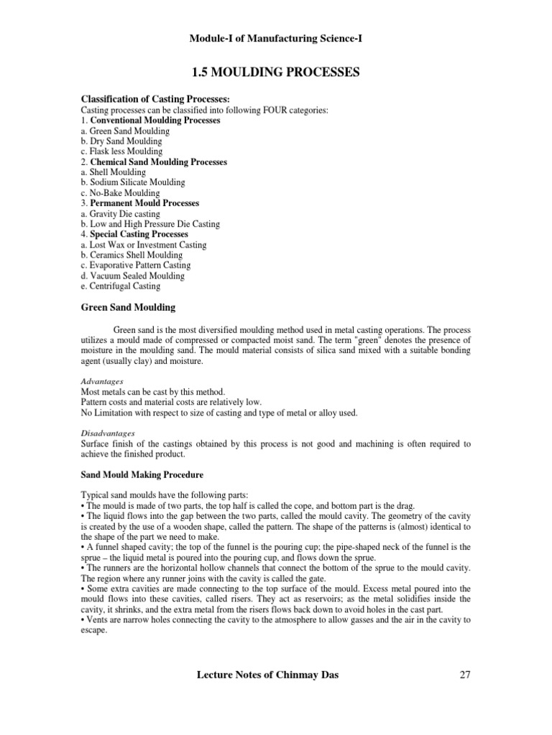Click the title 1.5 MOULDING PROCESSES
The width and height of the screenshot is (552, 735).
tap(275, 72)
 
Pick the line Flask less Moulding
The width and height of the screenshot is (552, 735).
tap(121, 151)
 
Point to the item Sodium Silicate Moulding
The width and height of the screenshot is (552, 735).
tap(133, 182)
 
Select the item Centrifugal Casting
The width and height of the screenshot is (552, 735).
tap(120, 286)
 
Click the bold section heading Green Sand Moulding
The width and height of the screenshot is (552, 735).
tap(128, 307)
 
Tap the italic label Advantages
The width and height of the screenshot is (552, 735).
tap(102, 381)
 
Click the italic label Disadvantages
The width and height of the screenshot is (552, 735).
tap(107, 434)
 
